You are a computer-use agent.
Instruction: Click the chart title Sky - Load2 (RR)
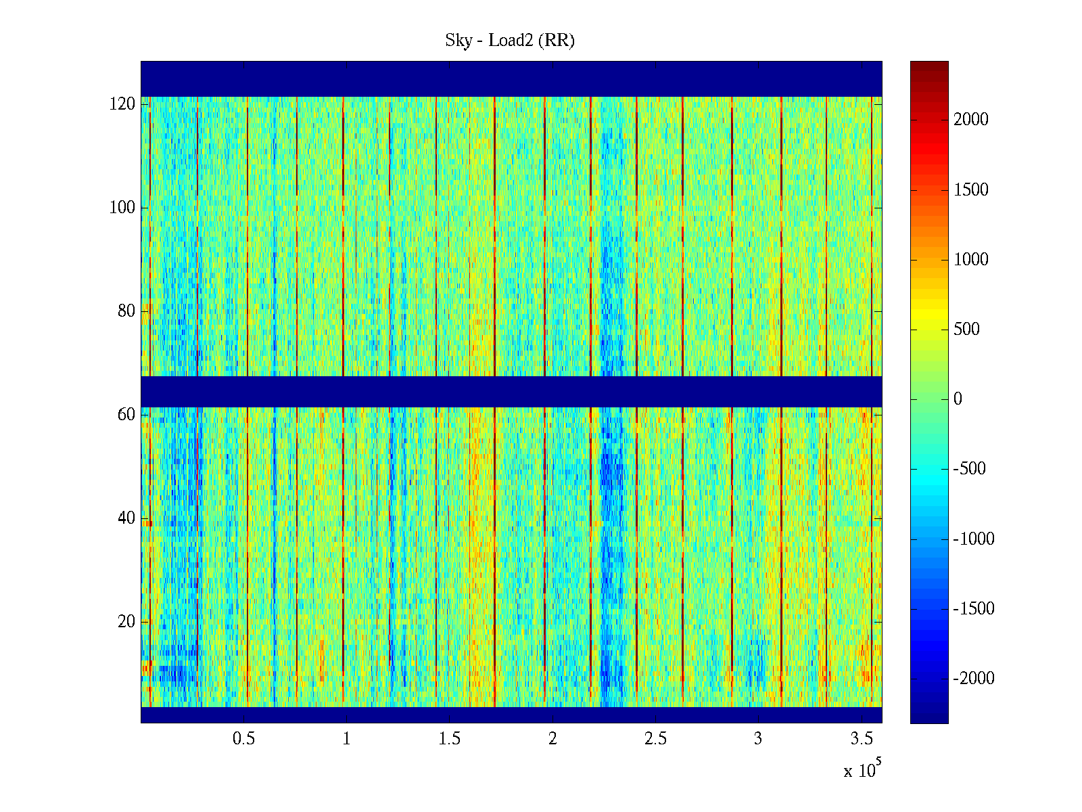click(510, 41)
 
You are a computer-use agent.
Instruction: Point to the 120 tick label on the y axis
click(122, 104)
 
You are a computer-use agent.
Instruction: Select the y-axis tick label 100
click(122, 208)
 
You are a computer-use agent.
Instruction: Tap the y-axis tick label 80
click(126, 311)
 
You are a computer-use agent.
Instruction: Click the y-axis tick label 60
click(126, 415)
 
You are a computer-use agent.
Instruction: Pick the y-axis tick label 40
click(126, 518)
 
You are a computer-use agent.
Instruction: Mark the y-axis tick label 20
click(126, 622)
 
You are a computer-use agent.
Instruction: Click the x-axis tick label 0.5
click(243, 738)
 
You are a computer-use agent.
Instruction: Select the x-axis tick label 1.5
click(449, 738)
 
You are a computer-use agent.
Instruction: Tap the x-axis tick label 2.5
click(655, 738)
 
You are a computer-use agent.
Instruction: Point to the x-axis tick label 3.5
click(861, 738)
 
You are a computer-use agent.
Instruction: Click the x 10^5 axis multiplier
click(862, 768)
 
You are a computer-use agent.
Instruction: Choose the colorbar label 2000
click(970, 119)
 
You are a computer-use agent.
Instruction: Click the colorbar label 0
click(958, 399)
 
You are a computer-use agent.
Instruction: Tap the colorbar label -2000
click(974, 679)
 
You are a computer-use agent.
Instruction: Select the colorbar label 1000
click(970, 259)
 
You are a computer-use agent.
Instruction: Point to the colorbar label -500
click(969, 468)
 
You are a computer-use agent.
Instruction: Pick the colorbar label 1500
click(970, 190)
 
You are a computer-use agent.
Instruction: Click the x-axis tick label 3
click(758, 738)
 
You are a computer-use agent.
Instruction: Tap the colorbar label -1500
click(974, 608)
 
